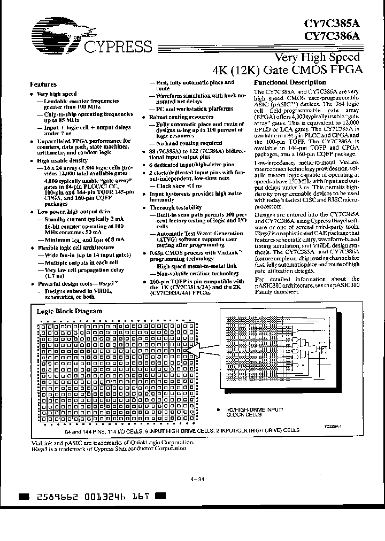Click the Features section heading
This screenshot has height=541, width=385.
click(43, 84)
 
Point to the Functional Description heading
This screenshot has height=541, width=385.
click(289, 82)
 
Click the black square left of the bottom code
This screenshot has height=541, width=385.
click(23, 497)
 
